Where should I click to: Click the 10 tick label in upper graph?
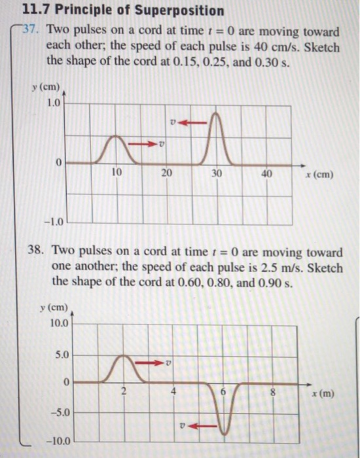(x=117, y=173)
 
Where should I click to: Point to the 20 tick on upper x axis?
(x=166, y=173)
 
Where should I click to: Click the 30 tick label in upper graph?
(x=217, y=173)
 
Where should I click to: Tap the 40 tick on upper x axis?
(x=267, y=173)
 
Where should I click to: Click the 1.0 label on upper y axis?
(x=54, y=103)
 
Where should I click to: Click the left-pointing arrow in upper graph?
(x=193, y=121)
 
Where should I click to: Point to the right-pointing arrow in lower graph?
(x=154, y=361)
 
